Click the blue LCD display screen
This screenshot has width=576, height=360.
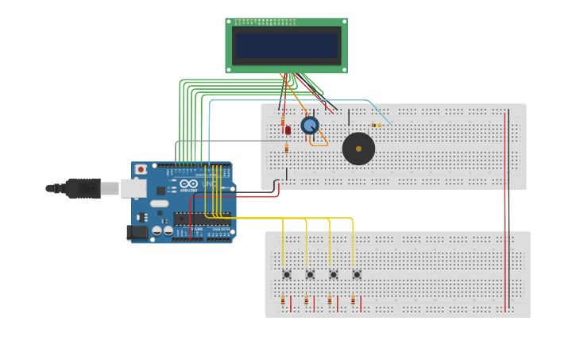(x=286, y=45)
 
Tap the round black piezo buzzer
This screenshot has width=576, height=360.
(x=358, y=149)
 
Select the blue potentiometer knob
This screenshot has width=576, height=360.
(x=310, y=125)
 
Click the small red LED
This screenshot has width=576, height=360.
(x=288, y=130)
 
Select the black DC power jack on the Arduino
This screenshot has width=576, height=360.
(x=137, y=232)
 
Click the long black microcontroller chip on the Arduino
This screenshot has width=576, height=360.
(x=202, y=219)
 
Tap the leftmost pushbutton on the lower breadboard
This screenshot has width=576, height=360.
(x=287, y=274)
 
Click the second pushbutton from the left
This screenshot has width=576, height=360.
(x=310, y=274)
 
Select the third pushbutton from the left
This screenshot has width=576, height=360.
(x=334, y=274)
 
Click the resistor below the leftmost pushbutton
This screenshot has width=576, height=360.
(x=283, y=300)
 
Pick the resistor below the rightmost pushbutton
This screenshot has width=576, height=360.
(x=353, y=300)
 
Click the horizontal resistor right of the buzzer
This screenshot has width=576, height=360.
(x=376, y=125)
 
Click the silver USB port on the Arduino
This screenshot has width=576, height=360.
(x=133, y=188)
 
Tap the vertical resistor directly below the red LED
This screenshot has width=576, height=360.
(x=287, y=148)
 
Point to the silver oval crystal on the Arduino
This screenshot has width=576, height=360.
(x=160, y=203)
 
